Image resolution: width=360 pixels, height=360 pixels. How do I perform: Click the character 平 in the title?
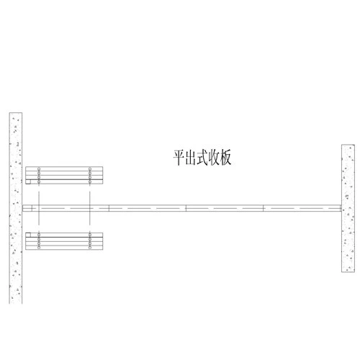[x=179, y=158]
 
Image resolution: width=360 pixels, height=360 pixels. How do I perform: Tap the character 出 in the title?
[x=191, y=158]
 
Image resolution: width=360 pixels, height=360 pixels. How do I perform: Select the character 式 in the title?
[x=202, y=158]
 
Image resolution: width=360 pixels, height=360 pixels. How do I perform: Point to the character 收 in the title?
[x=214, y=158]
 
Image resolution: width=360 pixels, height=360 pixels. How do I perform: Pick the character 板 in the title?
[x=225, y=158]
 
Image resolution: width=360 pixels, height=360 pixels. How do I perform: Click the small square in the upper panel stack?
[x=28, y=181]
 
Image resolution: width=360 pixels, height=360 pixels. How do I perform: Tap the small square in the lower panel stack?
[x=28, y=235]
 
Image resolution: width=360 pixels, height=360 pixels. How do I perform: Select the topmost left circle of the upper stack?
[x=39, y=169]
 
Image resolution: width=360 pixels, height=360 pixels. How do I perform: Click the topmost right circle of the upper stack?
[x=90, y=169]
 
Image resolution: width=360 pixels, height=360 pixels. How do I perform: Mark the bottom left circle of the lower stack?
[x=39, y=247]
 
